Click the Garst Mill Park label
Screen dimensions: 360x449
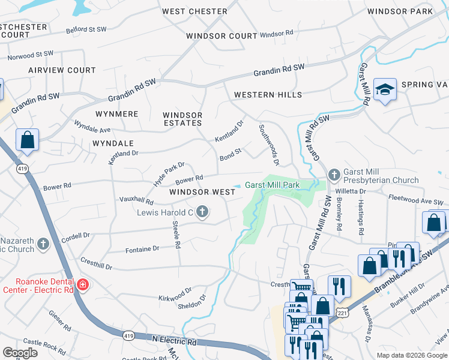[271, 185]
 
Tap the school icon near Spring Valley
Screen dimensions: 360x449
[385, 90]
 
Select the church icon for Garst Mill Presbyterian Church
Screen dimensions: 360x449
[335, 175]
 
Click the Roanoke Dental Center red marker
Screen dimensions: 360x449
[83, 284]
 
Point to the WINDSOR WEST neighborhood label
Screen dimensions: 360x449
[201, 192]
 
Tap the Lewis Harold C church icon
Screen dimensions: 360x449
[202, 211]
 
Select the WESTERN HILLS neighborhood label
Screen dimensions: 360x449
[268, 95]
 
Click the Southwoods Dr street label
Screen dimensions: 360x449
[268, 145]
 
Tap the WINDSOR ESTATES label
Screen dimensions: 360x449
[182, 119]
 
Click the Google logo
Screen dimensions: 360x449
[20, 352]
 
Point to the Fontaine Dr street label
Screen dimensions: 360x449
[142, 248]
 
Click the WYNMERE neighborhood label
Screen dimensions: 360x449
[116, 114]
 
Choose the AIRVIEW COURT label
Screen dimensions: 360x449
[62, 70]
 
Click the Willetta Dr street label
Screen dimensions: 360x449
[354, 191]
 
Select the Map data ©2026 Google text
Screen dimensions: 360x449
[411, 355]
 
